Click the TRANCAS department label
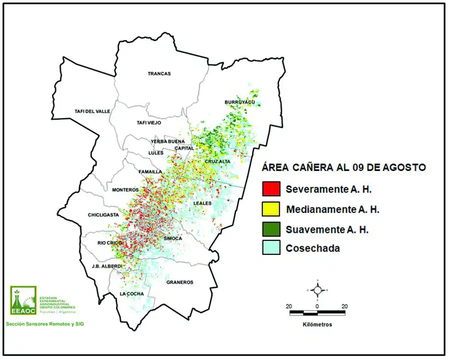tap(159, 74)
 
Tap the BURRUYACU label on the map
tap(239, 102)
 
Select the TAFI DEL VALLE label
tap(92, 111)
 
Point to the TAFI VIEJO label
tap(149, 123)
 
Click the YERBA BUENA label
tap(168, 142)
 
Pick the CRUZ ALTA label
tap(218, 162)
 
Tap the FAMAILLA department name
tap(150, 172)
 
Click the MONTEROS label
tap(125, 190)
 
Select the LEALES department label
tap(203, 203)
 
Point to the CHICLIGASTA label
tap(104, 215)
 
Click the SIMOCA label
tap(173, 239)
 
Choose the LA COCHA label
tap(132, 294)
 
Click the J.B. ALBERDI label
tap(107, 266)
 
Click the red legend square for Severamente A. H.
tap(270, 188)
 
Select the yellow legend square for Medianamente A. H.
tap(270, 208)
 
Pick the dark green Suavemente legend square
tap(270, 228)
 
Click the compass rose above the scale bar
tap(317, 290)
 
